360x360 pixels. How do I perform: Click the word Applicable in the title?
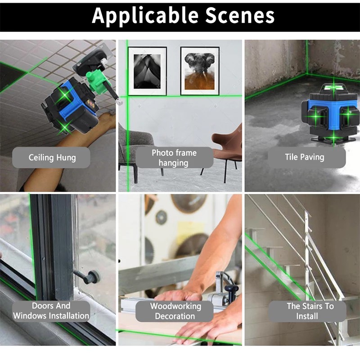[145, 16]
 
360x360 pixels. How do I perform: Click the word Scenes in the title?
[239, 16]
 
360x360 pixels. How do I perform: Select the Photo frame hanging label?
[174, 157]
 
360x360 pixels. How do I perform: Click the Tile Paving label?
[305, 157]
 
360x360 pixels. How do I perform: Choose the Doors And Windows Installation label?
[51, 311]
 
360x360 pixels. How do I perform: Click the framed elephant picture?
[200, 71]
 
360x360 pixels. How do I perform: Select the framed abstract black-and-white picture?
[148, 71]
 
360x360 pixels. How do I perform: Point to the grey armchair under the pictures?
[135, 147]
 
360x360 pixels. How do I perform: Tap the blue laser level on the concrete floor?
[330, 114]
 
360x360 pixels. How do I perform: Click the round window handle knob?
[93, 277]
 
